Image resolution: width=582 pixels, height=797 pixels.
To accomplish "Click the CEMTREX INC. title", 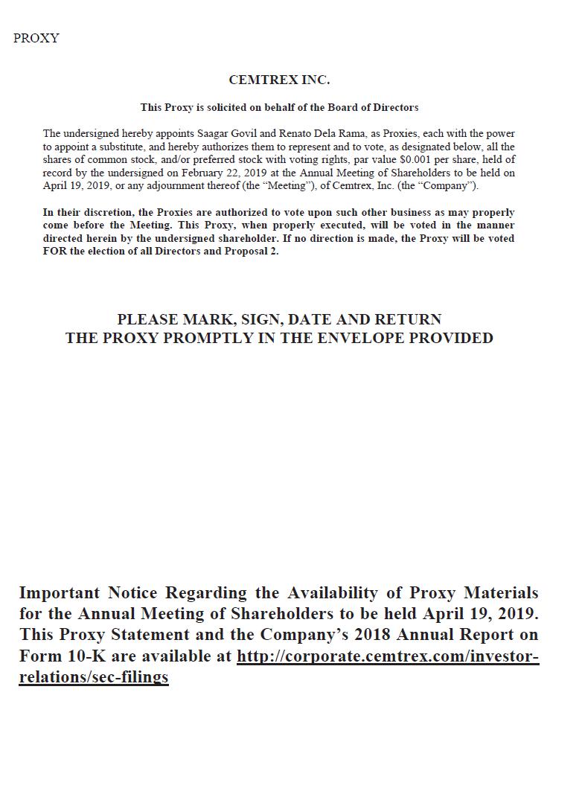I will tap(279, 80).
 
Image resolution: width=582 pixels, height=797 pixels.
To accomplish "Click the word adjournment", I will tap(165, 185).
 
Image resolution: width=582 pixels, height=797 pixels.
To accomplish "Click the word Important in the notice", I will tap(59, 593).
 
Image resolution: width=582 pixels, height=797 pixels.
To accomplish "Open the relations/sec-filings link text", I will tap(94, 677).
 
